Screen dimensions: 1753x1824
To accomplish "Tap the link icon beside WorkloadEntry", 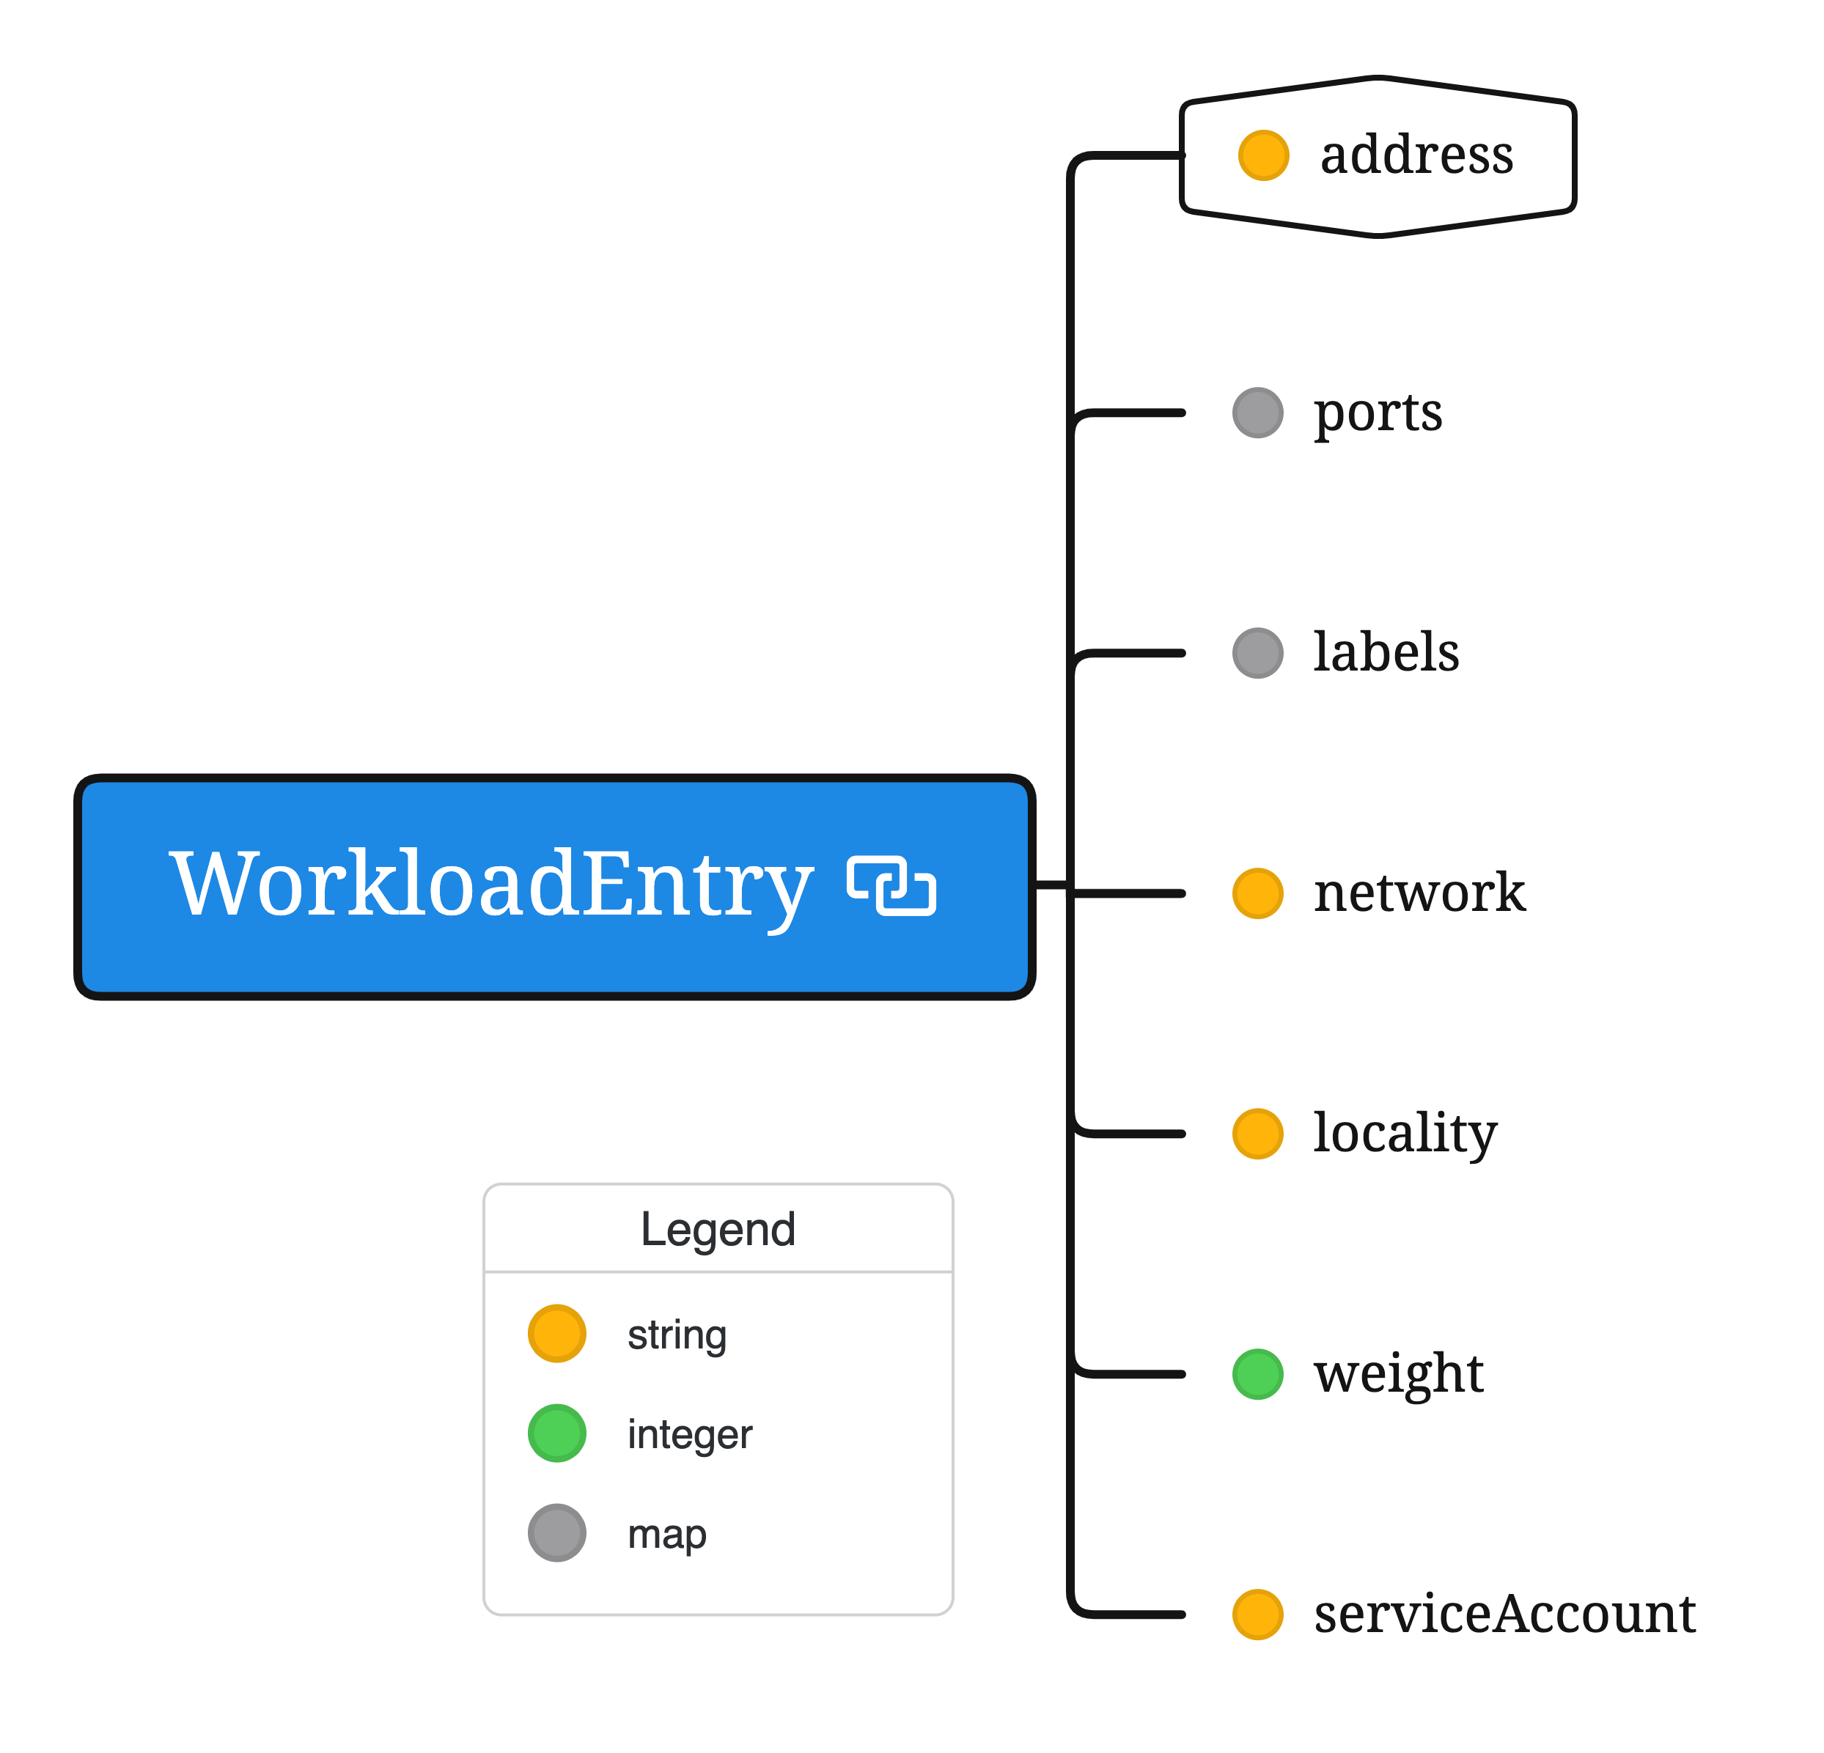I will click(x=891, y=886).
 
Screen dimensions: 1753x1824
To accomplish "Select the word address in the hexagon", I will click(x=1416, y=155).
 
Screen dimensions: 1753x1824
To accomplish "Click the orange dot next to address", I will click(x=1263, y=155).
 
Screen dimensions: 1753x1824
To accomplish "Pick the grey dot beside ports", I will click(x=1257, y=412).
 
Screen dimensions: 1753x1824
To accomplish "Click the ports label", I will click(x=1378, y=412).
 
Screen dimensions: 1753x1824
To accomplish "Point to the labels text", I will click(x=1386, y=652).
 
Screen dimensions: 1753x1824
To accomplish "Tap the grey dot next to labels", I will click(x=1257, y=653).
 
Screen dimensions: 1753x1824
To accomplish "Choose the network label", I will click(x=1419, y=893).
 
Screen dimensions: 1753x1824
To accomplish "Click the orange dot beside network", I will click(x=1257, y=893).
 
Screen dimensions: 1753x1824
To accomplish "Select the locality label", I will click(x=1405, y=1133).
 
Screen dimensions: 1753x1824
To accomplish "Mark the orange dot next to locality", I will click(x=1257, y=1133).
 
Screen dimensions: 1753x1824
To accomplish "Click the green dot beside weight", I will click(x=1257, y=1373).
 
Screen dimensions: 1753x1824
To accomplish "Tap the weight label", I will click(x=1398, y=1373).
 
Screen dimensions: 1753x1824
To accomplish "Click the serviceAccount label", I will click(x=1504, y=1614).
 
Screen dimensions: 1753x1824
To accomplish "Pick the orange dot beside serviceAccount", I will click(x=1257, y=1614).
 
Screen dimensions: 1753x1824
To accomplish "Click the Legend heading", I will click(x=718, y=1229).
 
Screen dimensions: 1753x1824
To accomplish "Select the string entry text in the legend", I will click(x=677, y=1335).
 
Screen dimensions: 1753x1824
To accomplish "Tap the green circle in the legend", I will click(x=556, y=1433).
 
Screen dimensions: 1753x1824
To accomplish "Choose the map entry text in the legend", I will click(x=666, y=1532).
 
